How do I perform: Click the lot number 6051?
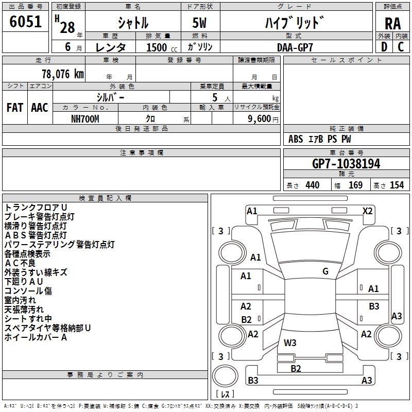click(x=26, y=22)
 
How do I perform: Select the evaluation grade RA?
click(x=393, y=24)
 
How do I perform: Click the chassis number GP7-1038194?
click(x=346, y=164)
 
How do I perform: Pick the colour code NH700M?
click(x=85, y=118)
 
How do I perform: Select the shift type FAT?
click(x=15, y=108)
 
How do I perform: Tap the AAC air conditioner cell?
click(x=39, y=108)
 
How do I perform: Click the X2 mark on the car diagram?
click(x=367, y=211)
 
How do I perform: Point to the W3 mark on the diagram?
click(x=290, y=342)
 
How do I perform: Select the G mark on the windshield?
click(x=325, y=271)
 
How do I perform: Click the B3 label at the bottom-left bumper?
click(x=253, y=381)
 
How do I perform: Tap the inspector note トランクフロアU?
click(x=32, y=207)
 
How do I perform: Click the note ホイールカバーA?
click(x=36, y=337)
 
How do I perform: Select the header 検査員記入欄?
click(x=105, y=198)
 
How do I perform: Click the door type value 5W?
click(x=200, y=24)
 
